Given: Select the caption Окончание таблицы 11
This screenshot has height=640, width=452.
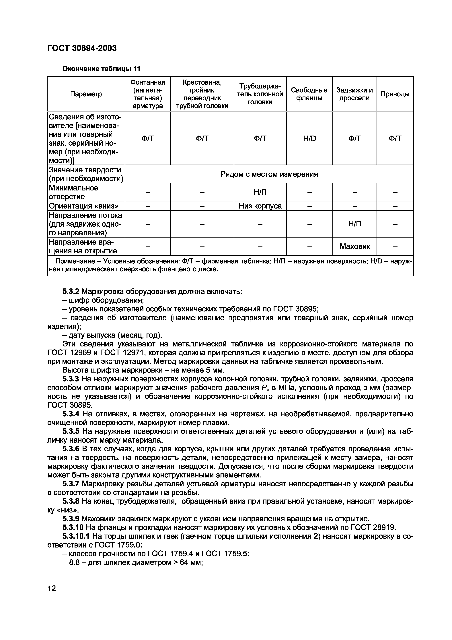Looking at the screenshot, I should (101, 69).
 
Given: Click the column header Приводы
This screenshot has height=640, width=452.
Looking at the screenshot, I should (395, 94).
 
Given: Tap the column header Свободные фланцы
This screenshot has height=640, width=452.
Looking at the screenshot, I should (309, 94).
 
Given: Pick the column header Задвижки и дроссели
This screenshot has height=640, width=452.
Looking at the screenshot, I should (354, 94).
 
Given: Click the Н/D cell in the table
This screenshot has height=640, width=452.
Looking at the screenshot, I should (309, 138).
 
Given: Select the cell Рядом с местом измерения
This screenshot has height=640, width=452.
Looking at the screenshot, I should (269, 174).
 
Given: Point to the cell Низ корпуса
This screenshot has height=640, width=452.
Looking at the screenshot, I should (260, 206).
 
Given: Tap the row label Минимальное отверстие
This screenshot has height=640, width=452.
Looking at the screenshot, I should (73, 192).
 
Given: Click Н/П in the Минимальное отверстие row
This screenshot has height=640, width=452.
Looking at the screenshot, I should (260, 192).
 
